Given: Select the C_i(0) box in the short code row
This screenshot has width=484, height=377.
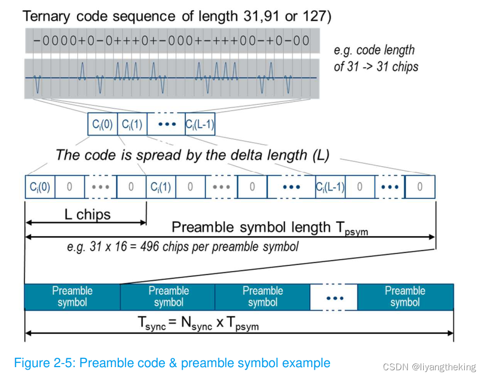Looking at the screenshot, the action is [102, 125].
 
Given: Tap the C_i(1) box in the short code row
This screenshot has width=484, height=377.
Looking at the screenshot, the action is [132, 125].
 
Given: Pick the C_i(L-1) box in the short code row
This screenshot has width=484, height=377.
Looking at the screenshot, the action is [200, 125].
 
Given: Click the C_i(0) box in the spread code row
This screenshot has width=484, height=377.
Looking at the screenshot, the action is [39, 187].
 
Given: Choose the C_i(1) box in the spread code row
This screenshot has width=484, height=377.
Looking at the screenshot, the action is [161, 187].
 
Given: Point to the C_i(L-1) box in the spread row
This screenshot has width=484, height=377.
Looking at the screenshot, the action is [330, 187].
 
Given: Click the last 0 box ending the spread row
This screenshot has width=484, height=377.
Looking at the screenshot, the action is [420, 187].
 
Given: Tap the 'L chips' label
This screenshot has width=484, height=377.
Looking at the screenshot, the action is [87, 214].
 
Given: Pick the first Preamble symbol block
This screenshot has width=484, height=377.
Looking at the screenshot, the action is [72, 297].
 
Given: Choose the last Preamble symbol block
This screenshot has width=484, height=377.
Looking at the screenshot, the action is [405, 297].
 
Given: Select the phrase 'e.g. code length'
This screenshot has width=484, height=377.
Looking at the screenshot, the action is [374, 50].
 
